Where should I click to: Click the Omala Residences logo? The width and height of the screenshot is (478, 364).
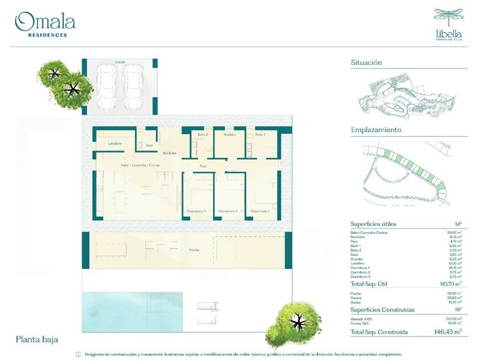[x=45, y=25]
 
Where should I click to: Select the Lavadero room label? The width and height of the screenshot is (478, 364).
[x=116, y=143]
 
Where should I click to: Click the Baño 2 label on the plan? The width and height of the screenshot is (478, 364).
[x=199, y=135]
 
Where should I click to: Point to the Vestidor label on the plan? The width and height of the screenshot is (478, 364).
[x=229, y=135]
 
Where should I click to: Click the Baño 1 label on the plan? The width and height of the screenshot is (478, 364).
[x=260, y=135]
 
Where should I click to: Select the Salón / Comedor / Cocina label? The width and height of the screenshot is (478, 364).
[x=140, y=166]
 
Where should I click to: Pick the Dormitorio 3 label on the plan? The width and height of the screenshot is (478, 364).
[x=197, y=211]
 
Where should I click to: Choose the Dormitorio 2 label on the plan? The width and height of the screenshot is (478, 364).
[x=228, y=211]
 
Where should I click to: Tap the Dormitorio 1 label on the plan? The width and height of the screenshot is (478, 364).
[x=260, y=211]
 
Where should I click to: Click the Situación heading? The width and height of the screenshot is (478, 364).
[x=366, y=62]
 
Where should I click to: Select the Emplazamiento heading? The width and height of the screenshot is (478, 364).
[x=376, y=129]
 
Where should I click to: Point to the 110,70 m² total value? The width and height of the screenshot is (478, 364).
[x=450, y=283]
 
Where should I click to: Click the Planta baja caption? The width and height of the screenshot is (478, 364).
[x=37, y=339]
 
